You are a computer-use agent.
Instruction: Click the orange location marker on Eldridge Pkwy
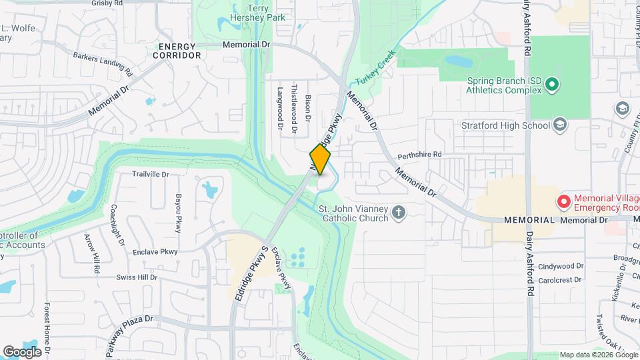tap(320, 159)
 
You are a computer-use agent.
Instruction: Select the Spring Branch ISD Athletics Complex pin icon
tap(551, 85)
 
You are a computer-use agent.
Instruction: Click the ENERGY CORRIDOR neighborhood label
tap(177, 51)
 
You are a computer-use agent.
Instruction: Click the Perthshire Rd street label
tap(419, 155)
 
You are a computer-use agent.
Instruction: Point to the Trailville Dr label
tap(151, 174)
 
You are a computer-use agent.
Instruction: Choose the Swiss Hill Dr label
tap(137, 277)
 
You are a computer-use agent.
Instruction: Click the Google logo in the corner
tap(22, 351)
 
